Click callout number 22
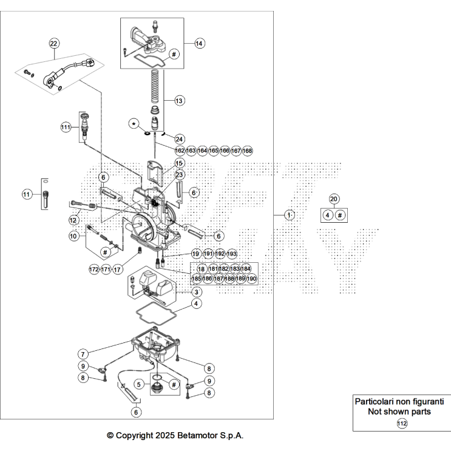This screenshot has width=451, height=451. [x=54, y=43]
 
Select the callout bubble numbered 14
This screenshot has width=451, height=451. [x=200, y=43]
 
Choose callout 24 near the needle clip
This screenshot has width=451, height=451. [x=179, y=139]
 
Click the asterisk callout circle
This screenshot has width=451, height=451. [x=134, y=124]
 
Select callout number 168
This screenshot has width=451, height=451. [x=247, y=151]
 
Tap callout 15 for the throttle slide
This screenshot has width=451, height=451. [x=179, y=163]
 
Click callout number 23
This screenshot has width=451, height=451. [x=179, y=175]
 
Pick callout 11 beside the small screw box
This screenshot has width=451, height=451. [x=27, y=195]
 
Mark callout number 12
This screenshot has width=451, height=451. [x=73, y=220]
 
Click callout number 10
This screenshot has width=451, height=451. [x=73, y=236]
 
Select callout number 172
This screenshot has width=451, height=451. [x=93, y=269]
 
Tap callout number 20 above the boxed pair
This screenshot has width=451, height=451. [x=333, y=199]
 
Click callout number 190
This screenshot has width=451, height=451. [x=252, y=279]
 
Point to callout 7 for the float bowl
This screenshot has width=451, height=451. [x=83, y=353]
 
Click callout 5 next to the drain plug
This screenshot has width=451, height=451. [x=140, y=384]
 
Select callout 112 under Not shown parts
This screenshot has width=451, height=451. [x=402, y=424]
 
